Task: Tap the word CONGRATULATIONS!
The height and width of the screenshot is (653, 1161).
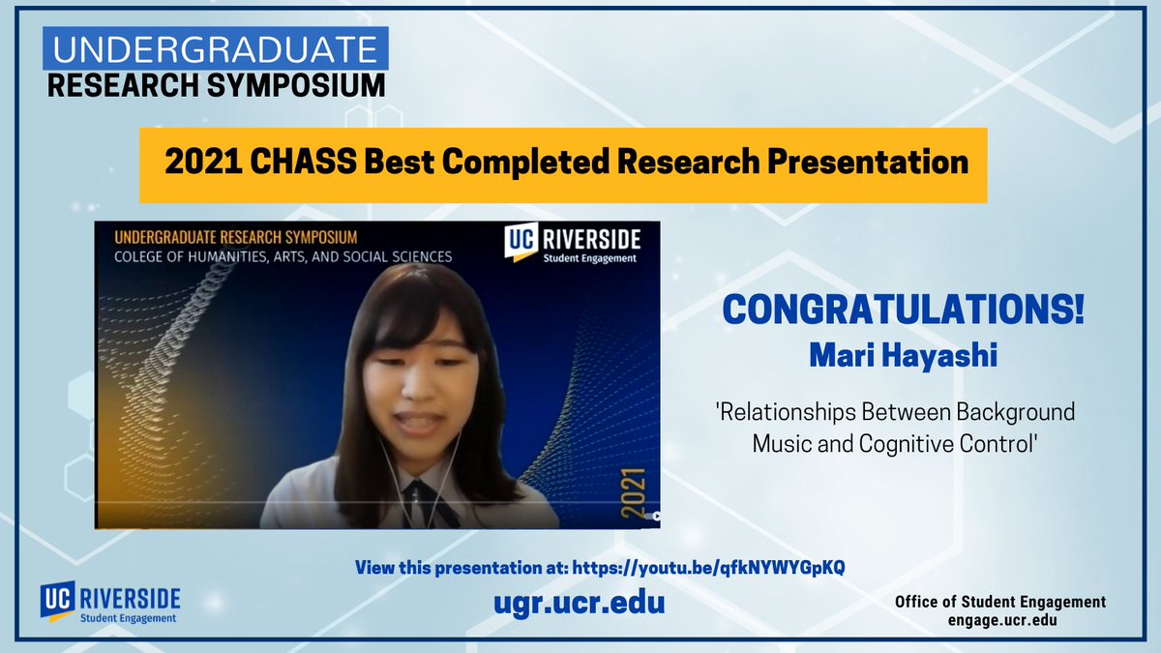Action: coord(904,311)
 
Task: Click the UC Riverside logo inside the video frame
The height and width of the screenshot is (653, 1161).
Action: coord(572,243)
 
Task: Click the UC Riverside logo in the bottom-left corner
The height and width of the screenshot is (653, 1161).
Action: coord(109,603)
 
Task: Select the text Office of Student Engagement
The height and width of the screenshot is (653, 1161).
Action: coord(1000,602)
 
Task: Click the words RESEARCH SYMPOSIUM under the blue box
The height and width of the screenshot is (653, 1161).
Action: coord(216,85)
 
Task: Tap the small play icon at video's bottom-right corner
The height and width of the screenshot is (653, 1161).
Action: coord(655,517)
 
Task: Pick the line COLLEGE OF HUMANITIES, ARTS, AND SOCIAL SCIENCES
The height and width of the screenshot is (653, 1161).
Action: coord(283,257)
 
